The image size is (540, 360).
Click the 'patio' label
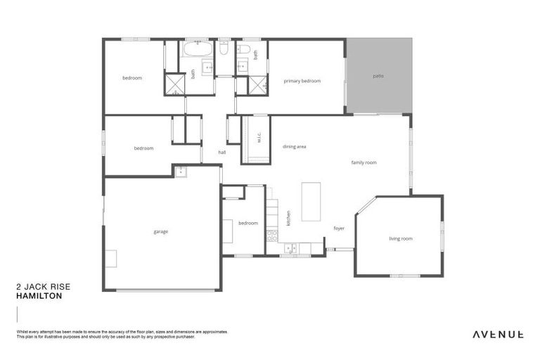378,75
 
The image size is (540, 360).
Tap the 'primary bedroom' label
302,82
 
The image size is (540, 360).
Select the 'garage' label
161,231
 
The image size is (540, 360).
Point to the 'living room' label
401,239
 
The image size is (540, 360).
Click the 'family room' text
364,162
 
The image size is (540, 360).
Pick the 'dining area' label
295,147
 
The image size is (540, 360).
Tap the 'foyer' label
339,229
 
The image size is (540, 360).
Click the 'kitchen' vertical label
288,219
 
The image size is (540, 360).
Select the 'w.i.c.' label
259,139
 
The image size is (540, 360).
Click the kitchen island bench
311,202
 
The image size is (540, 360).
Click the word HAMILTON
39,297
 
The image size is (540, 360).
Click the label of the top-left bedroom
132,78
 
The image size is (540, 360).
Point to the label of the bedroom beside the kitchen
248,224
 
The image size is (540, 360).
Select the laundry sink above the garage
180,171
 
